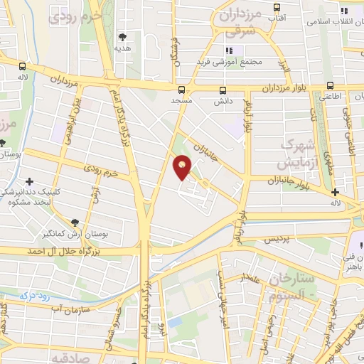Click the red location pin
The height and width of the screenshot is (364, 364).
[x=183, y=167]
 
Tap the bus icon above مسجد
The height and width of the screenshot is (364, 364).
[x=182, y=90]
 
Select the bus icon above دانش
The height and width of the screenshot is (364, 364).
[x=223, y=90]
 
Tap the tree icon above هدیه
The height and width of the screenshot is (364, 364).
[x=124, y=36]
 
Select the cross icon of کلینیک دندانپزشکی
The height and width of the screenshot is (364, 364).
[x=29, y=182]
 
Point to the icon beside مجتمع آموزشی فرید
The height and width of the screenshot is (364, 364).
[x=229, y=50]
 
